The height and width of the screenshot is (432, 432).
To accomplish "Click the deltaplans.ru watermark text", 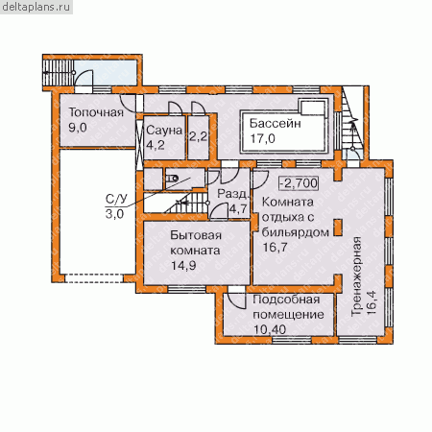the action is pyautogui.click(x=36, y=7).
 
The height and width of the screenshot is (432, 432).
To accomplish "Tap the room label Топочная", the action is pyautogui.click(x=96, y=112).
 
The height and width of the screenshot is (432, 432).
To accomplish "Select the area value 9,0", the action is pyautogui.click(x=78, y=128).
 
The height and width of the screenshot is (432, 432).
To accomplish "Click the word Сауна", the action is pyautogui.click(x=164, y=131).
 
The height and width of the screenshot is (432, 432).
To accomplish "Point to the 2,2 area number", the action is pyautogui.click(x=198, y=137).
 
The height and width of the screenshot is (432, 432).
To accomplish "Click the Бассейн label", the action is pyautogui.click(x=276, y=123).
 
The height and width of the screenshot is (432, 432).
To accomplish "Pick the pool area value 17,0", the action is pyautogui.click(x=262, y=139).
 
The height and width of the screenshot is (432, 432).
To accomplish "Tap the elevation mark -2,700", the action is pyautogui.click(x=299, y=183).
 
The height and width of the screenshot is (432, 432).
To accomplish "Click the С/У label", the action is pyautogui.click(x=116, y=199).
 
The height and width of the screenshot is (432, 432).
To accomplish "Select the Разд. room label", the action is pyautogui.click(x=232, y=194).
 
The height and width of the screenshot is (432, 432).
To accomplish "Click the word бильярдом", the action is pyautogui.click(x=296, y=232).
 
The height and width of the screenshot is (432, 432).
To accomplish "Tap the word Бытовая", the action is pyautogui.click(x=196, y=235).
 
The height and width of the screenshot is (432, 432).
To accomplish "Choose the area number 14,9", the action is pyautogui.click(x=183, y=266).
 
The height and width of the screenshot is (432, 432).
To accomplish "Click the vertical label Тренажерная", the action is pyautogui.click(x=356, y=276).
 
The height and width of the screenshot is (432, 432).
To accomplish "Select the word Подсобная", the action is pyautogui.click(x=286, y=300).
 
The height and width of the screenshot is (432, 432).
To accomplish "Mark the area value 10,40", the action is pyautogui.click(x=270, y=329).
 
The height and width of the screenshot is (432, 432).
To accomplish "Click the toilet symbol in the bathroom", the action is pyautogui.click(x=172, y=179).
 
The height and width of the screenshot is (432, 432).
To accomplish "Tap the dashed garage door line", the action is pyautogui.click(x=94, y=278).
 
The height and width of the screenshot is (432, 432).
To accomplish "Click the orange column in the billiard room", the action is pyautogui.click(x=338, y=228).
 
